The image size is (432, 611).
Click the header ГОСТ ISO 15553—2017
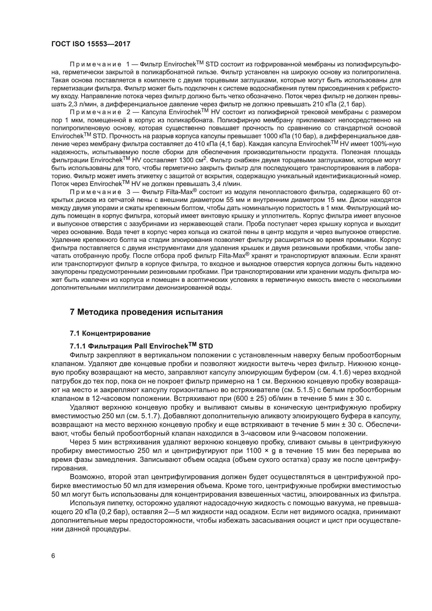point(91,44)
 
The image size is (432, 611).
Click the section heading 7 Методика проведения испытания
point(146,312)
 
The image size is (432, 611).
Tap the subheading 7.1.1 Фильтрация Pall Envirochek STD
point(141,346)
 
